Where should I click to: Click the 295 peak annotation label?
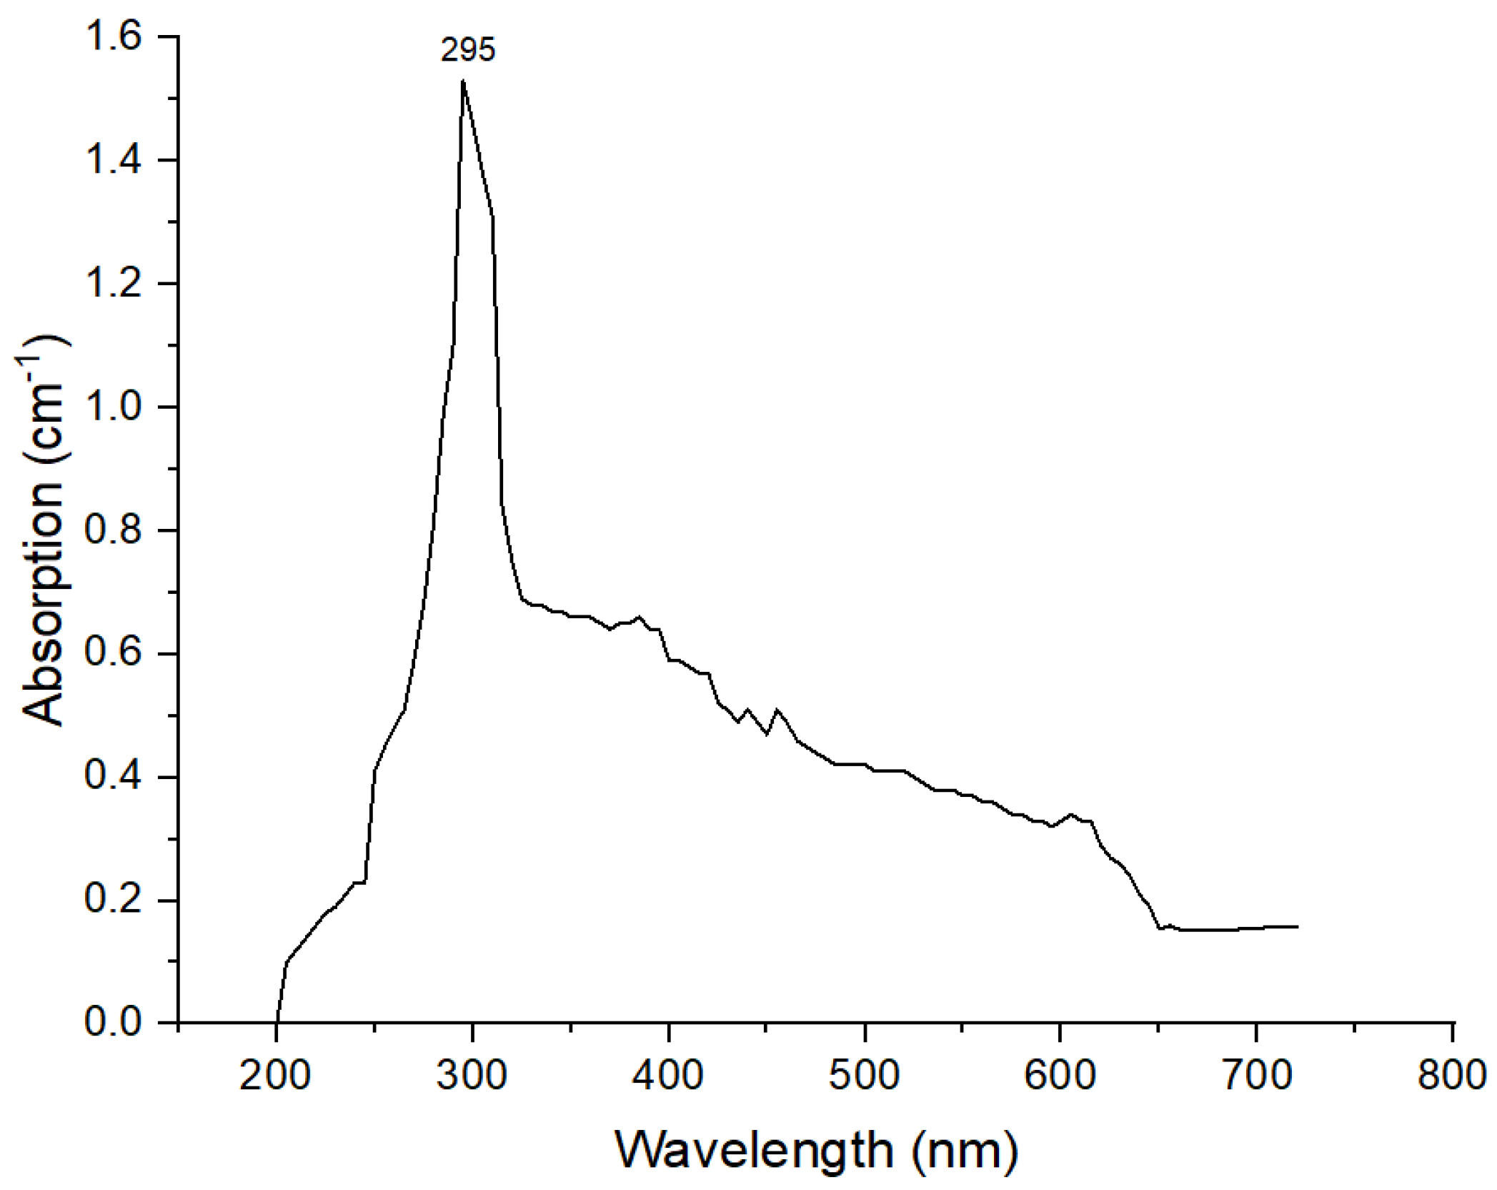(467, 51)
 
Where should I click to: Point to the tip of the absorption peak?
(463, 81)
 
